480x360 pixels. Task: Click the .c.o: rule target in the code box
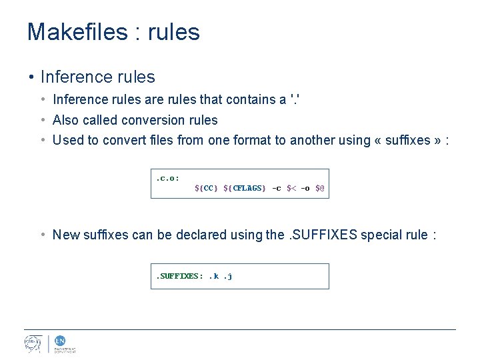pyautogui.click(x=167, y=178)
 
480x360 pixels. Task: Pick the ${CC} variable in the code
pyautogui.click(x=206, y=188)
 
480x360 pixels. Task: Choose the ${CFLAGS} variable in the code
pyautogui.click(x=244, y=188)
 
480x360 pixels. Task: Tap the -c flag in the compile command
pyautogui.click(x=277, y=188)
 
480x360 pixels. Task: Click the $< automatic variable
pyautogui.click(x=291, y=188)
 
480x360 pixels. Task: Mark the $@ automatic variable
pyautogui.click(x=320, y=188)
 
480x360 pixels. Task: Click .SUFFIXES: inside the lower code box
pyautogui.click(x=179, y=276)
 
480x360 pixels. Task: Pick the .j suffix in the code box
pyautogui.click(x=227, y=276)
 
